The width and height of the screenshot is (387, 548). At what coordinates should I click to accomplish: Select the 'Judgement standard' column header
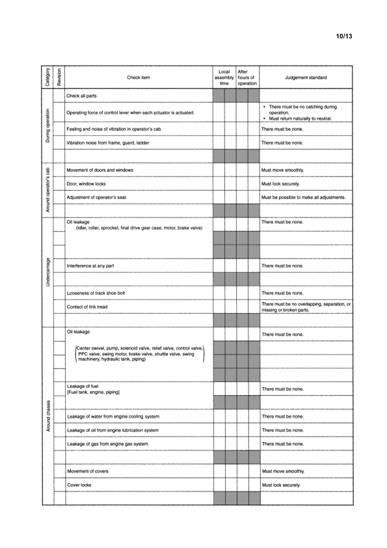(x=306, y=77)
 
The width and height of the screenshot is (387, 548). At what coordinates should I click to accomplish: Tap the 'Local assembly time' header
(x=224, y=77)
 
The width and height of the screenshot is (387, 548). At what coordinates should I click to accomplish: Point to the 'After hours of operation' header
(x=247, y=77)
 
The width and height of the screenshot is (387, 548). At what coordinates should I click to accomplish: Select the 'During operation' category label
(x=47, y=125)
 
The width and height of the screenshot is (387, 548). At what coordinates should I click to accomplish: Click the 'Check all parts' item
(x=83, y=96)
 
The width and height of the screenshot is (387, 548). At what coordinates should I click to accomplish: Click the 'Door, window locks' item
(x=87, y=184)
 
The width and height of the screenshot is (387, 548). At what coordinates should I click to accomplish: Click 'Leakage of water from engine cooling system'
(x=113, y=416)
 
